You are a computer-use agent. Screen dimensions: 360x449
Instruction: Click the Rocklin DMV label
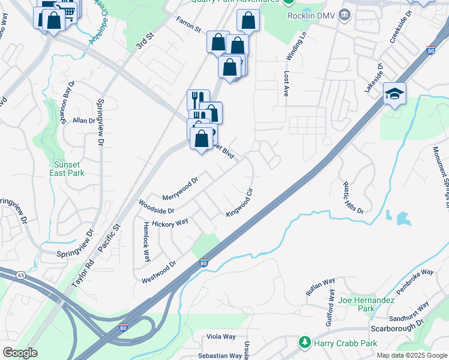(x=313, y=15)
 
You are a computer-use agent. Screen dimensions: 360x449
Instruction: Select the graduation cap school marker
(x=394, y=94)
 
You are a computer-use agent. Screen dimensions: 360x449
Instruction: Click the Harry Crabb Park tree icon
(x=306, y=343)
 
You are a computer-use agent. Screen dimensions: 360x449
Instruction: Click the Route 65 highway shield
(x=20, y=275)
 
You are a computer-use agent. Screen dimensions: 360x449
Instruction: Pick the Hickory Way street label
(x=170, y=223)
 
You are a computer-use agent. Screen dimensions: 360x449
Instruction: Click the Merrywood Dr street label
(x=180, y=189)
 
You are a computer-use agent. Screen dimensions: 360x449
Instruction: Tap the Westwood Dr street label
(x=158, y=272)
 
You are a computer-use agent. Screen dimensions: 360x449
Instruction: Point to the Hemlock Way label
(x=146, y=241)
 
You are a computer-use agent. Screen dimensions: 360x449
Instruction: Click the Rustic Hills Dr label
(x=353, y=197)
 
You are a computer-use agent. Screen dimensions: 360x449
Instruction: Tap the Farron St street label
(x=188, y=25)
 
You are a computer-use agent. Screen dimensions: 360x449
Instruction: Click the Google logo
(x=20, y=353)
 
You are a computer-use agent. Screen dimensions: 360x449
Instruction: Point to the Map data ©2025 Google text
(x=411, y=355)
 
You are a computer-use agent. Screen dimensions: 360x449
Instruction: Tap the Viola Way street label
(x=221, y=337)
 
